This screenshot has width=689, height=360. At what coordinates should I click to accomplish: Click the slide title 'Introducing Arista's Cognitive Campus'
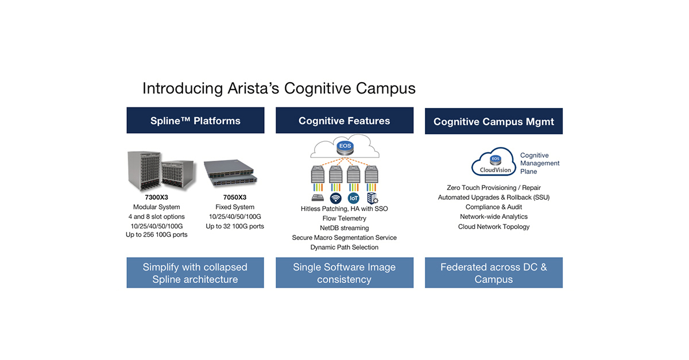(278, 88)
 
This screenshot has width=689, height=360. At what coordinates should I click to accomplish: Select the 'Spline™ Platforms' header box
(195, 121)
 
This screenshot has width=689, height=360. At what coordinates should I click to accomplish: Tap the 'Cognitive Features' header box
(344, 121)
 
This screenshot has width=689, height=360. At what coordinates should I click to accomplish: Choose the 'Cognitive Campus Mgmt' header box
(493, 122)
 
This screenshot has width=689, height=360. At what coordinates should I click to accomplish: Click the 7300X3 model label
(156, 198)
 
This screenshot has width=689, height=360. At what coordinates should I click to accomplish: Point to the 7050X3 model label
(234, 198)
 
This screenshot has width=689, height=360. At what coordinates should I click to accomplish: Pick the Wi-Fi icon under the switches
(336, 198)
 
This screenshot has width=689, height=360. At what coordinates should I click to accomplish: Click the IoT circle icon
(354, 198)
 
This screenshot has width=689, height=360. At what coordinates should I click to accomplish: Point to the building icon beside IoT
(372, 198)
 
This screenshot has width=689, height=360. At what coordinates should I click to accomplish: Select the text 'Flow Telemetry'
(344, 218)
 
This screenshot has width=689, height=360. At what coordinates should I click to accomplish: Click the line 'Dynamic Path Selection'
(344, 247)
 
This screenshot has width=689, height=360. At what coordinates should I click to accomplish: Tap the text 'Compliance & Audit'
(493, 207)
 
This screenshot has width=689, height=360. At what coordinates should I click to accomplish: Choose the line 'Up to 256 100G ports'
(156, 235)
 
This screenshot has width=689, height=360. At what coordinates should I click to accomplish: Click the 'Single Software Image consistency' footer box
(344, 273)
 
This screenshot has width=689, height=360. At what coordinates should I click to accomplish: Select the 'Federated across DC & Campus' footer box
(493, 273)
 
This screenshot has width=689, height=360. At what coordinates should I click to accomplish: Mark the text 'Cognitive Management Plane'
(539, 164)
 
